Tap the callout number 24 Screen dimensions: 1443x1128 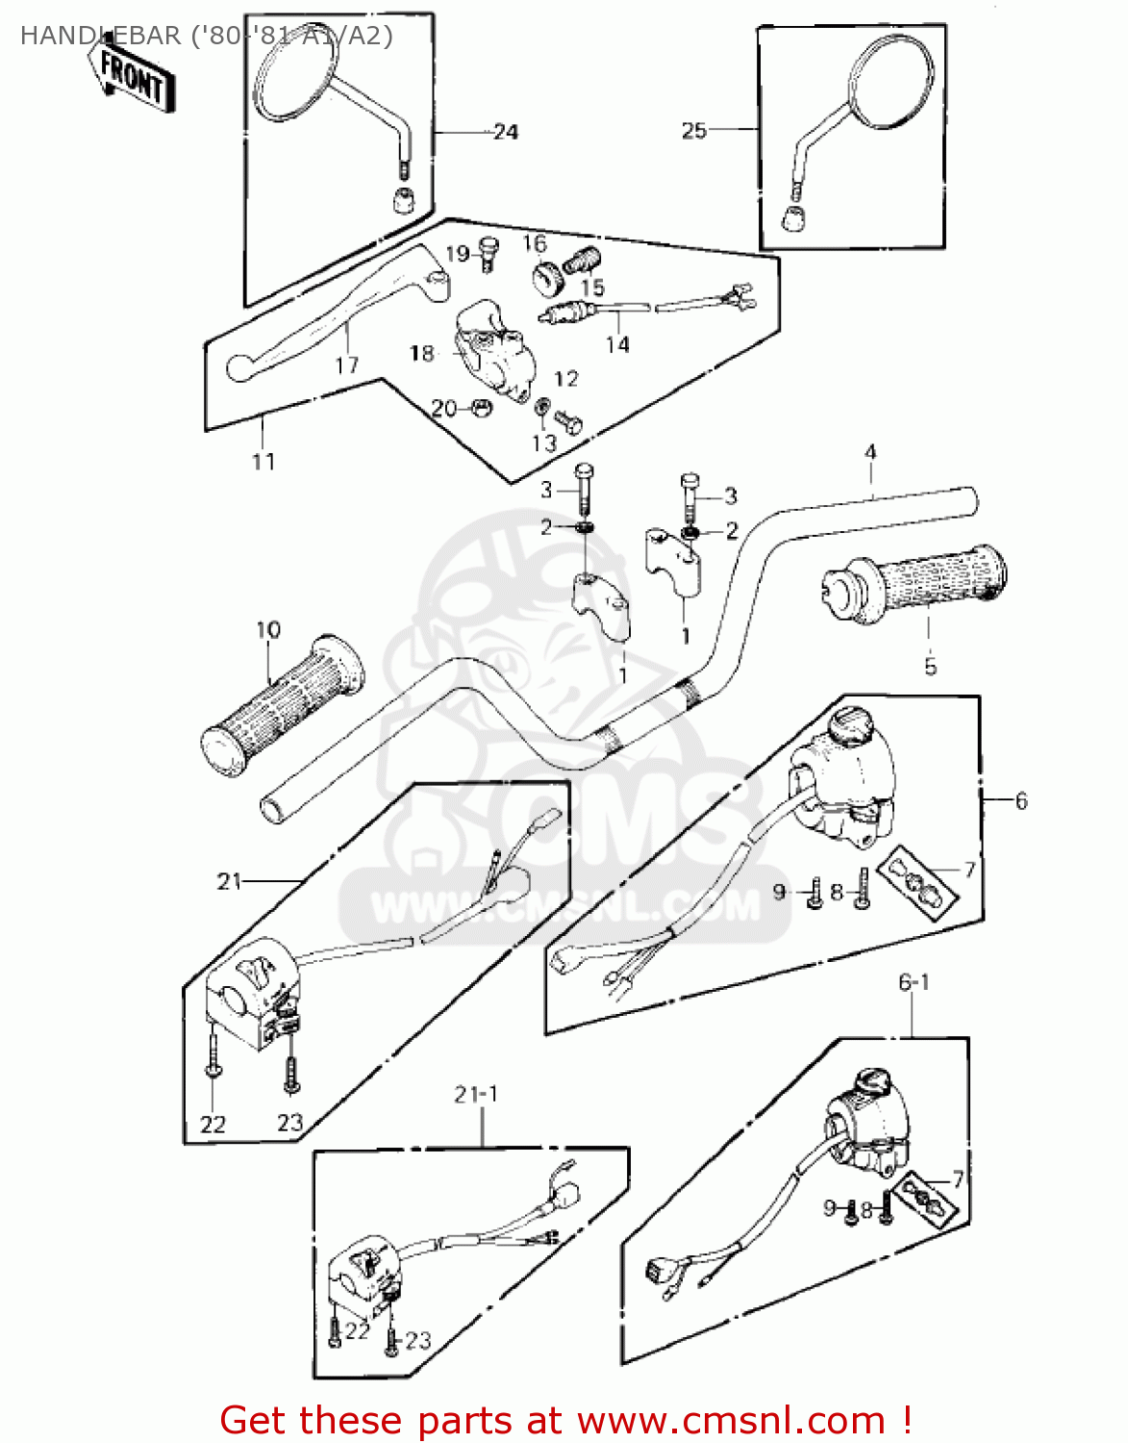click(x=505, y=132)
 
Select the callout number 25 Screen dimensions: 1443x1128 click(x=693, y=131)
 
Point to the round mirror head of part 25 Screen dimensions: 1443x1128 click(x=890, y=79)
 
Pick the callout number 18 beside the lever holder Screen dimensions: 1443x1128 click(x=421, y=353)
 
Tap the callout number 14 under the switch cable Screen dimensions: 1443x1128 click(x=617, y=344)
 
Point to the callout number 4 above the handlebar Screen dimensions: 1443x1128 click(x=870, y=451)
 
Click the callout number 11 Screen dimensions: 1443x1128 click(x=263, y=462)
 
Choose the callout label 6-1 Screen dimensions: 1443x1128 click(x=914, y=982)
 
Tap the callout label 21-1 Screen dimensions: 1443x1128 click(x=476, y=1095)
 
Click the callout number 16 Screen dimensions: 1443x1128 click(x=535, y=243)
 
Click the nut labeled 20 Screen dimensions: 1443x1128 click(x=477, y=408)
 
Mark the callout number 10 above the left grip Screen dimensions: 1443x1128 click(x=268, y=630)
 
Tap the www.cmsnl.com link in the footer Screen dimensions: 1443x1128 click(x=732, y=1420)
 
